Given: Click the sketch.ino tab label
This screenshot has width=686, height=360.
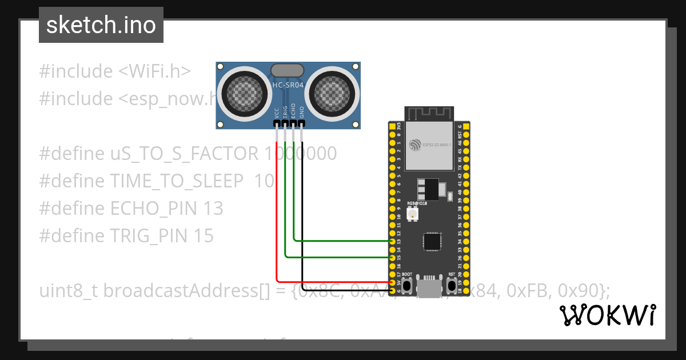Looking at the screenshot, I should click(x=101, y=25).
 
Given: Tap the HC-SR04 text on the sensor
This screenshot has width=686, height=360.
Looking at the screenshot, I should click(x=288, y=85).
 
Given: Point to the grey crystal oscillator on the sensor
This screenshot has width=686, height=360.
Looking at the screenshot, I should click(x=288, y=70).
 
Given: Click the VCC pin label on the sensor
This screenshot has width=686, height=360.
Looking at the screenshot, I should click(x=277, y=112).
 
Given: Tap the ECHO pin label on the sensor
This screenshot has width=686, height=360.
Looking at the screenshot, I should click(x=293, y=111).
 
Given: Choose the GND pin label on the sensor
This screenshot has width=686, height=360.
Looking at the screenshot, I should click(x=302, y=112).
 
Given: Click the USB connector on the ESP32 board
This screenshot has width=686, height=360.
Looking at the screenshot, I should click(x=429, y=286).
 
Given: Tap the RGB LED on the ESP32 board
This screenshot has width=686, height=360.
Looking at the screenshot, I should click(x=412, y=214).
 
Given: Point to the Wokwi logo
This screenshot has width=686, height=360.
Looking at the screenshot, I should click(x=607, y=315).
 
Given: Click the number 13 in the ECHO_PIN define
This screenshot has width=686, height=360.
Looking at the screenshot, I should click(x=213, y=209).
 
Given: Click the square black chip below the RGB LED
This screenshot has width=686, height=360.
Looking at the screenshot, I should click(x=432, y=241).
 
